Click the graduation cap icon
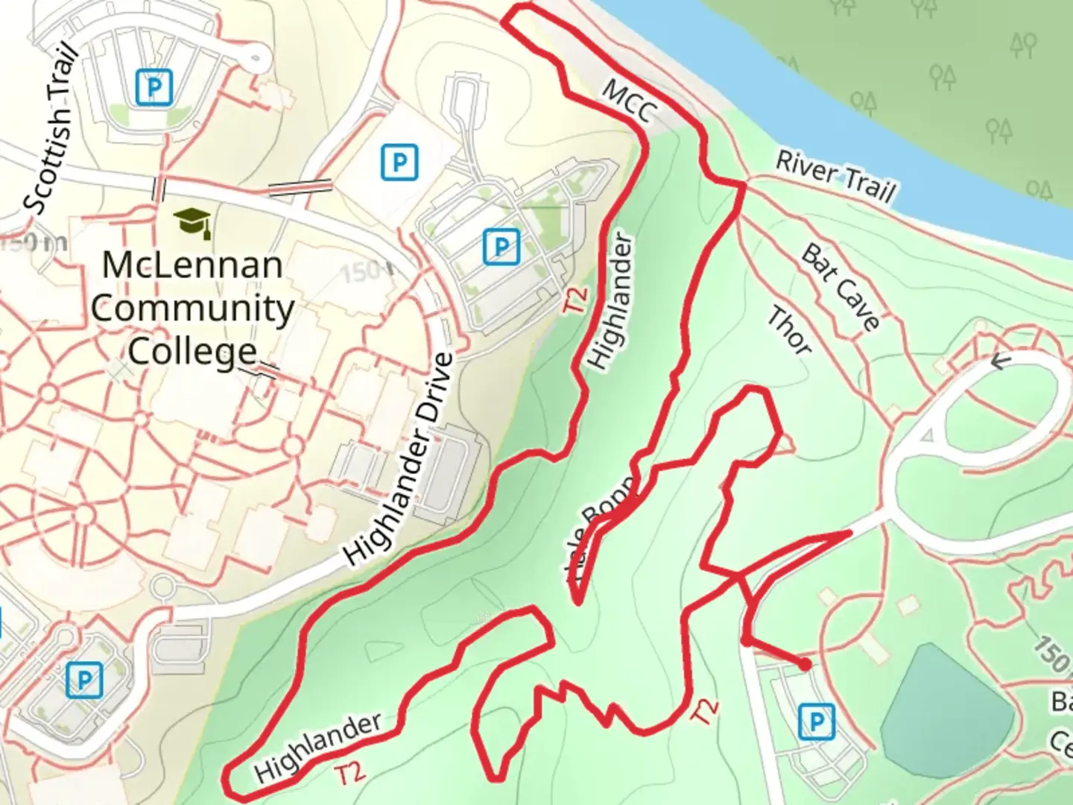[192, 221]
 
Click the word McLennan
[192, 265]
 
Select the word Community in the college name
[193, 308]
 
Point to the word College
[192, 350]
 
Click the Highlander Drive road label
[399, 458]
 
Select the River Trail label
[835, 176]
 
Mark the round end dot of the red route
[805, 664]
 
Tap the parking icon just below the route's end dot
[816, 722]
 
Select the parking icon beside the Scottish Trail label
[154, 86]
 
